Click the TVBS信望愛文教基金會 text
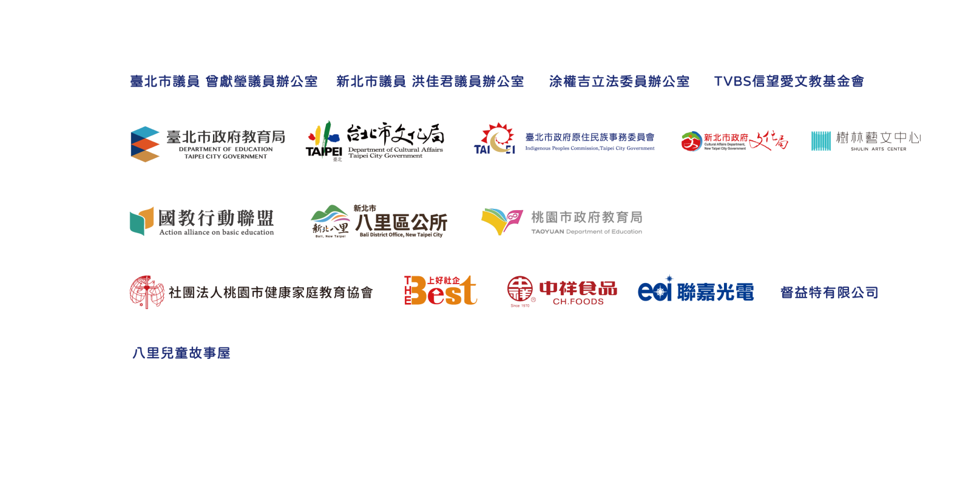point(788,81)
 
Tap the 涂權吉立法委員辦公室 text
point(619,81)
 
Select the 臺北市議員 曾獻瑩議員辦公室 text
point(223,81)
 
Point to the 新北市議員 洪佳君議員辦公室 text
point(430,81)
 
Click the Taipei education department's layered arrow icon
point(145,144)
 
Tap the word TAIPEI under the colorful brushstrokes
point(323,151)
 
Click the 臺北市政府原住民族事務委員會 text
point(590,137)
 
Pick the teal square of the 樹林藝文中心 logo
point(820,141)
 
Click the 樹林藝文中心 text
point(878,138)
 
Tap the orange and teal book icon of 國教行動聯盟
point(141,220)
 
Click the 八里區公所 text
point(401,222)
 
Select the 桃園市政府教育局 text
point(586,217)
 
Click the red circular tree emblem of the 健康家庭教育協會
point(146,292)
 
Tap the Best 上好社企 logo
point(441,291)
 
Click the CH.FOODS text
point(578,302)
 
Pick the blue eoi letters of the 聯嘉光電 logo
point(655,291)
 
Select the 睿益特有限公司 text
point(829,293)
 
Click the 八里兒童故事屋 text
point(181,353)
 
